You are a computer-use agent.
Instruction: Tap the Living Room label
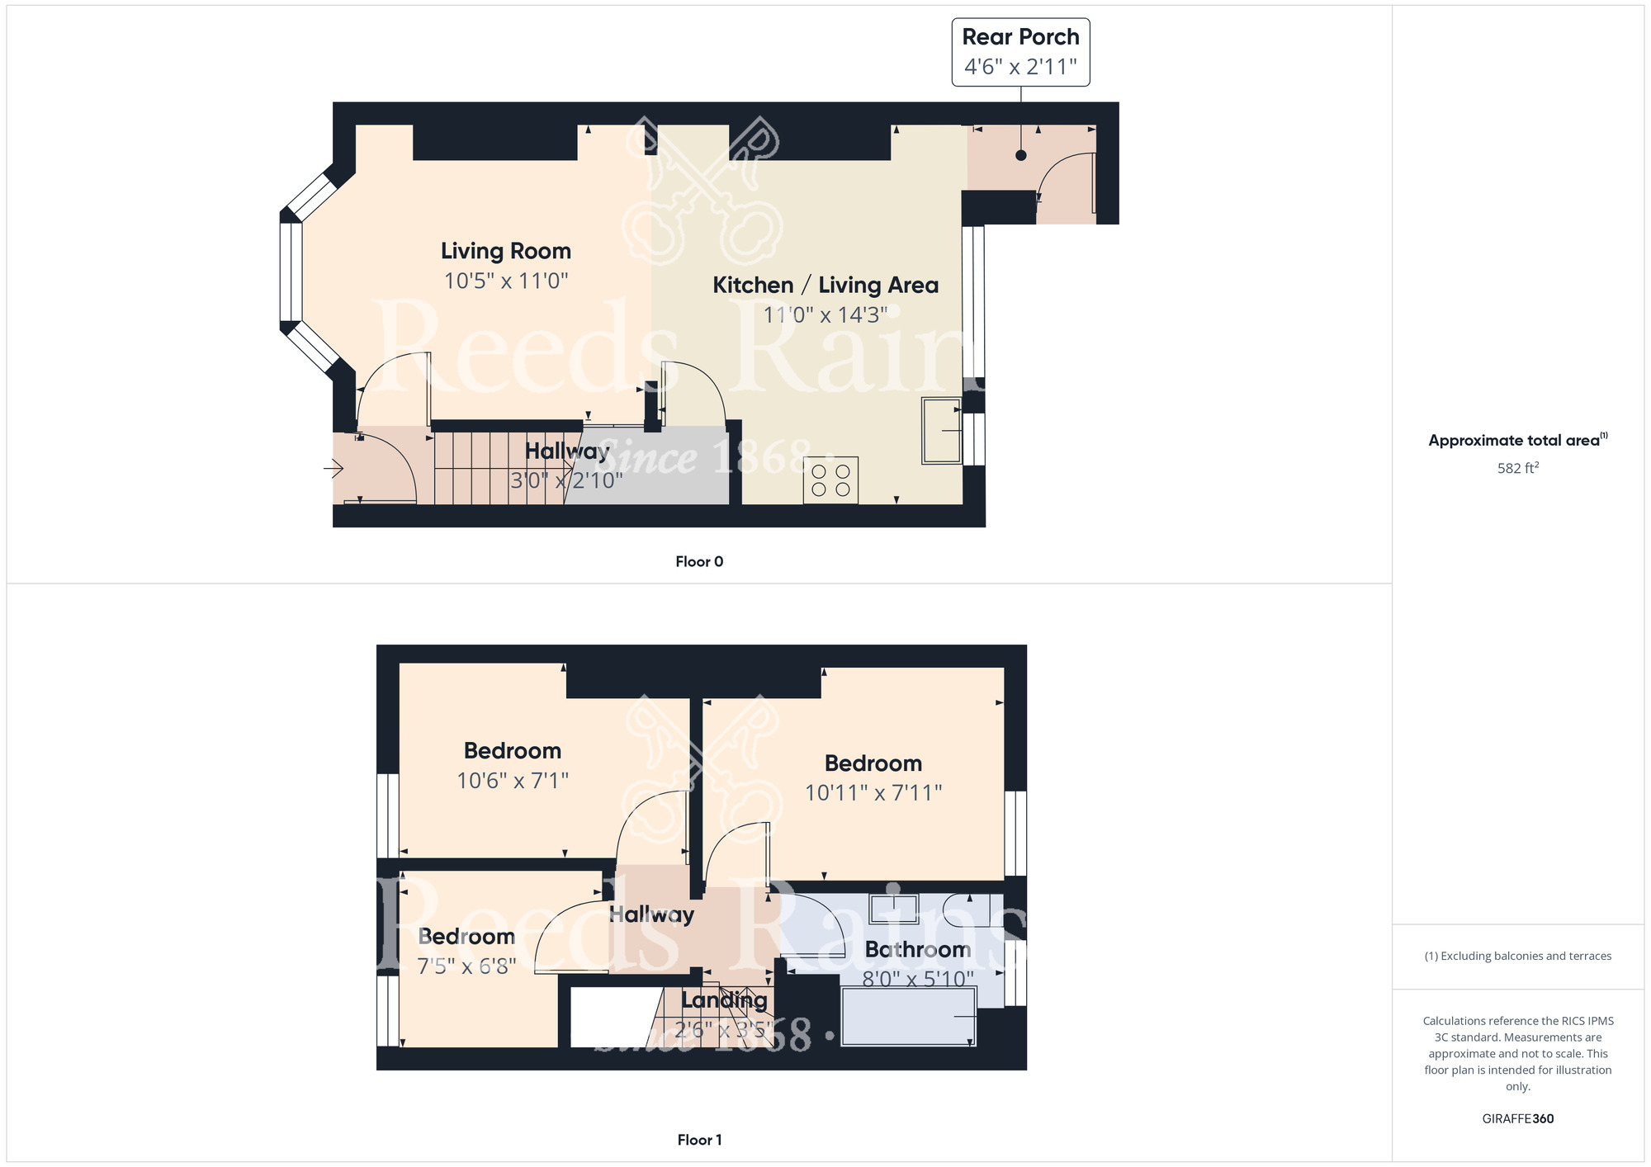[506, 251]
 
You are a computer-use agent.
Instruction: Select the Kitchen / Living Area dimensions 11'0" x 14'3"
[825, 314]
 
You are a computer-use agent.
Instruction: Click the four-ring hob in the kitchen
[830, 480]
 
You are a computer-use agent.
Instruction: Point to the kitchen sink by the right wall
[942, 431]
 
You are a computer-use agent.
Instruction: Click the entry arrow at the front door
[333, 469]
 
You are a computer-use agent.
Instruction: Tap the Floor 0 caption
[699, 562]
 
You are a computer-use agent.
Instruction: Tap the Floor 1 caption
[699, 1140]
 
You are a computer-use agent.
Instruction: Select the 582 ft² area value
[1518, 468]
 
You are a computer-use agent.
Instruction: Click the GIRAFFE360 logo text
[1518, 1119]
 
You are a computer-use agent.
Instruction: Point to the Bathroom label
[918, 950]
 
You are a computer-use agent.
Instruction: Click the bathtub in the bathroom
[909, 1016]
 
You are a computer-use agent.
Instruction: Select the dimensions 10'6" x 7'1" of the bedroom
[513, 780]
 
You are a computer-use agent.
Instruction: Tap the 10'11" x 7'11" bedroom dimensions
[873, 793]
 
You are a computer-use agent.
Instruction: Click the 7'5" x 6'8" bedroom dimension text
[467, 966]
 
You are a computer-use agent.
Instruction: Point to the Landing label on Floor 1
[724, 1000]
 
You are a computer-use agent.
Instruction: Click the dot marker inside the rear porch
[1021, 155]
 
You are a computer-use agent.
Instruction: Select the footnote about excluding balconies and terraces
[1518, 957]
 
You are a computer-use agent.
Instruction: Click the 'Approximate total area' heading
[1518, 440]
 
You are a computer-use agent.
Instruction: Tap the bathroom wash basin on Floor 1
[894, 909]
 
